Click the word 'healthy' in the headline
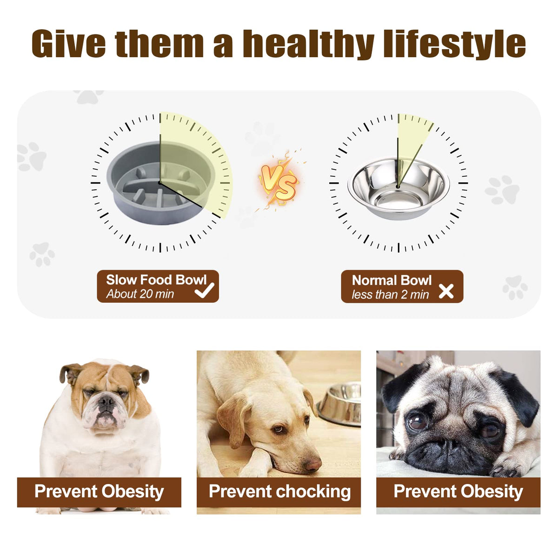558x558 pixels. coord(308,44)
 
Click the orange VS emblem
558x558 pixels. coord(279,181)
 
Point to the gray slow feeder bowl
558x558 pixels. coord(161,183)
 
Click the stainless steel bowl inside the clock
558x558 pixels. coord(399,188)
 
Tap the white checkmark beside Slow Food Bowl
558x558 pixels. coord(205,290)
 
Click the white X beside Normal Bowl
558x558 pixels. coord(446,291)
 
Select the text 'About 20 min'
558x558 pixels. coord(140,294)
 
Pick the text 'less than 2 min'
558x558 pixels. coord(390,295)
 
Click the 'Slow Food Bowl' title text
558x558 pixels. coord(156,280)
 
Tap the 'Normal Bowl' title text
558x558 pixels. coord(392,280)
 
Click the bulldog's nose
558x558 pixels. coord(106,401)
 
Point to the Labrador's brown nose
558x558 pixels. coord(313,464)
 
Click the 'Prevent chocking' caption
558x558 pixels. coord(279,491)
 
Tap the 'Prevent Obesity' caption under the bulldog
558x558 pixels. coord(99,491)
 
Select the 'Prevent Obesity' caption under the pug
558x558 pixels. coord(458,491)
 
